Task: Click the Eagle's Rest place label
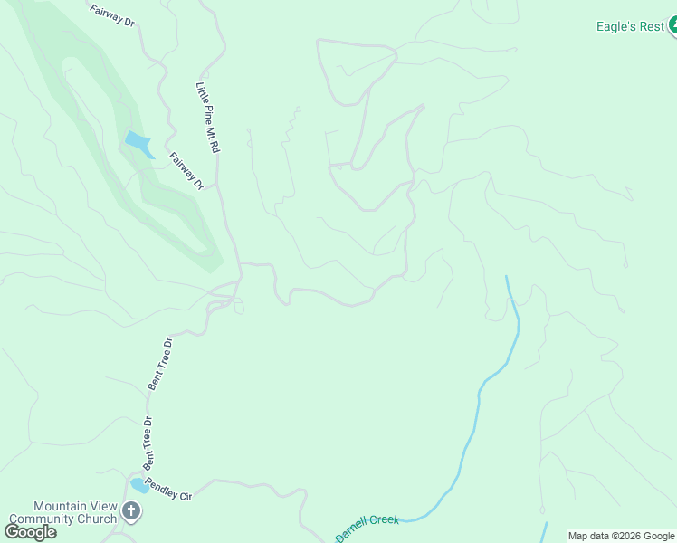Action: pos(630,26)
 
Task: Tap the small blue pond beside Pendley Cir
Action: pos(139,486)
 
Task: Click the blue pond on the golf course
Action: pos(138,143)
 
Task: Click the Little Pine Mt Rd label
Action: pos(209,117)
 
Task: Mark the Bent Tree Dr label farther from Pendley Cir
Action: pos(159,364)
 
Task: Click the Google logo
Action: pos(31,532)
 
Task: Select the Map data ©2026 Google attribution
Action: pos(621,536)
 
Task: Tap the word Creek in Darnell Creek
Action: pos(383,520)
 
